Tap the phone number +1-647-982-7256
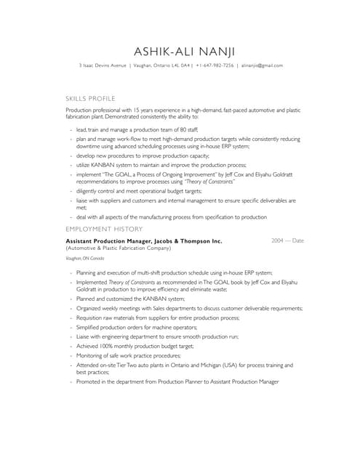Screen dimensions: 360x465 point(215,65)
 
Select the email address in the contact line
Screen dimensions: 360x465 point(262,65)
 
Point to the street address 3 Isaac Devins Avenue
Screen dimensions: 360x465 point(103,65)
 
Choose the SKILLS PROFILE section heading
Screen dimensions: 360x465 point(90,97)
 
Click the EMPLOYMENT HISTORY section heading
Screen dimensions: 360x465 point(104,229)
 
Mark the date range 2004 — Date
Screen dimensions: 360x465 point(287,240)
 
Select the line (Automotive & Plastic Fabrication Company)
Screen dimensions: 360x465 point(118,248)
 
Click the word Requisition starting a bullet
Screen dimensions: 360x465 point(92,318)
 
